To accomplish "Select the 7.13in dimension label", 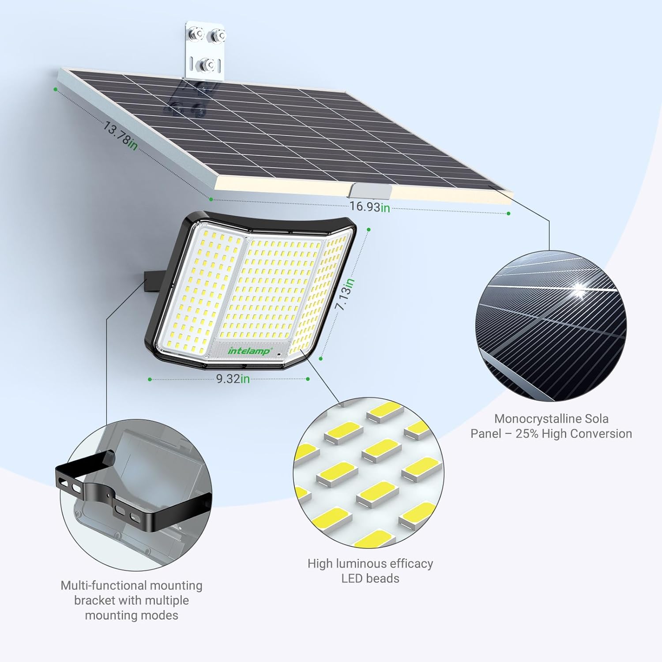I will pyautogui.click(x=345, y=294).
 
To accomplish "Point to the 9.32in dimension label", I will pyautogui.click(x=233, y=379).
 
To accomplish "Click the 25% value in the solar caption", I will pyautogui.click(x=527, y=433).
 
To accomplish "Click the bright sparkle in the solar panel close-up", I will pyautogui.click(x=578, y=289).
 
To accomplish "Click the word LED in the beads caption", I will pyautogui.click(x=352, y=578).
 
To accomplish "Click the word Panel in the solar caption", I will pyautogui.click(x=485, y=433).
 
